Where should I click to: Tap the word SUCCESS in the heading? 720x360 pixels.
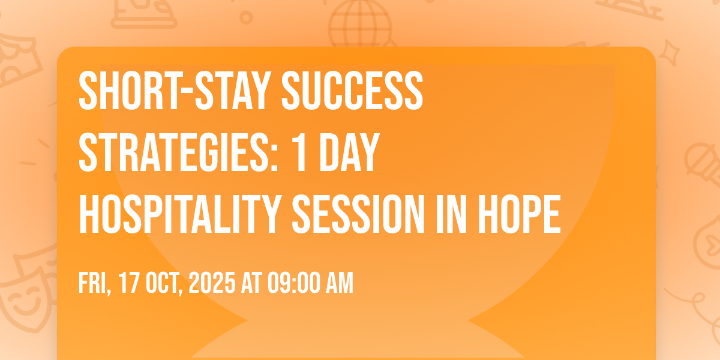(352, 91)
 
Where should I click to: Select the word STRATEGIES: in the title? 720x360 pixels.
(178, 152)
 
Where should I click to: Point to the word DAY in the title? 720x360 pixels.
(350, 152)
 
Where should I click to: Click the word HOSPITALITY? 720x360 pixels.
(180, 214)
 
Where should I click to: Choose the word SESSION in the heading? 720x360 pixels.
(358, 214)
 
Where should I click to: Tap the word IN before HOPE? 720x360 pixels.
(451, 214)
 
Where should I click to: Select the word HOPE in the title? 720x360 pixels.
(520, 214)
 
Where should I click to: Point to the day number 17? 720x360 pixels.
(129, 283)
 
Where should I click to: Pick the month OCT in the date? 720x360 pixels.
(164, 283)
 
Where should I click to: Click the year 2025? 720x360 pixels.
(212, 283)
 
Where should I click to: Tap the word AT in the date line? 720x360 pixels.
(251, 283)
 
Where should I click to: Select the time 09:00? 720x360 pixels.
(295, 283)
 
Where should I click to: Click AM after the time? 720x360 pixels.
(340, 283)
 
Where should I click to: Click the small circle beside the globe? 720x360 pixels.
(246, 17)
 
